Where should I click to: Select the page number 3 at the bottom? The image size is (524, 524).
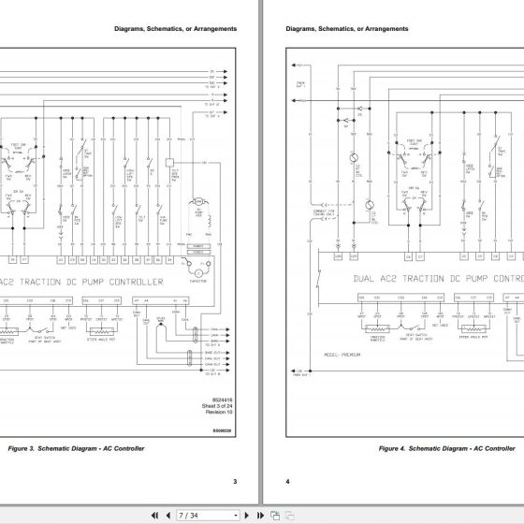coord(234,481)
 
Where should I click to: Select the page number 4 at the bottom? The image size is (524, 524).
coord(289,481)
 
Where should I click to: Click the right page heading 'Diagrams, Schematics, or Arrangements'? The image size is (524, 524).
coord(347,29)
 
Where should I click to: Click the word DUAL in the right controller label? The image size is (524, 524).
coord(368,253)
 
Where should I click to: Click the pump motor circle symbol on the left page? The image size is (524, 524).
coord(198,202)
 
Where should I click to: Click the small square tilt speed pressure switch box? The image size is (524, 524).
coord(170,162)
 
